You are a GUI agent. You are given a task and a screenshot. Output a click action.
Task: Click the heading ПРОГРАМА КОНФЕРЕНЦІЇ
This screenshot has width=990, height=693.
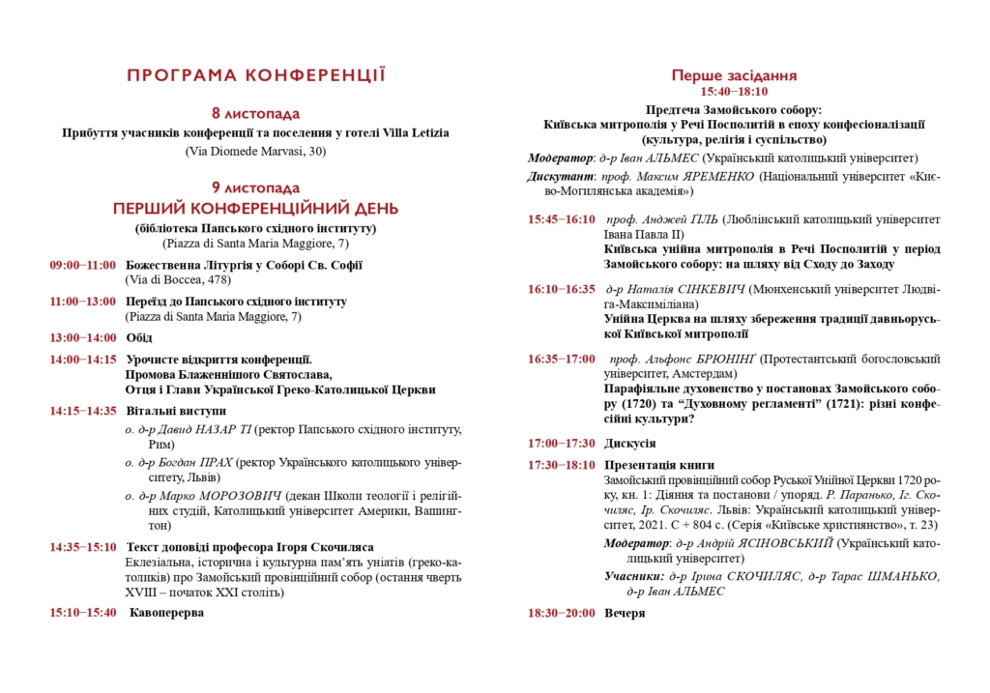click(256, 74)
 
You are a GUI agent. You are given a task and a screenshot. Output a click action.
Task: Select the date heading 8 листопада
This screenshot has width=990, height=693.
click(256, 113)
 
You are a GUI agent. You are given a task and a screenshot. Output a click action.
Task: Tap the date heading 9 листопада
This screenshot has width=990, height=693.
click(256, 188)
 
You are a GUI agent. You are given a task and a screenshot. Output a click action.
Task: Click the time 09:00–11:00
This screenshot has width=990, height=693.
click(83, 265)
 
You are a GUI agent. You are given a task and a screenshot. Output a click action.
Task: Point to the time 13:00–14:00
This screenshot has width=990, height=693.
click(83, 337)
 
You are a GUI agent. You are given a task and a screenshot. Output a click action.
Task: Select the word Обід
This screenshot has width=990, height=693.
click(139, 337)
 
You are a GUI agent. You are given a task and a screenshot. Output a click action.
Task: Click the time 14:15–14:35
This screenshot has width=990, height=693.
click(83, 410)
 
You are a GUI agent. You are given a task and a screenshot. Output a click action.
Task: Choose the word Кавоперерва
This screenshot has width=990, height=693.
click(166, 612)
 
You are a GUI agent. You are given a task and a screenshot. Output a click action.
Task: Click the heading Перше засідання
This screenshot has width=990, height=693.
click(734, 75)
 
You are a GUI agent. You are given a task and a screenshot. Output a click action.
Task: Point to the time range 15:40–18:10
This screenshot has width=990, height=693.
click(734, 92)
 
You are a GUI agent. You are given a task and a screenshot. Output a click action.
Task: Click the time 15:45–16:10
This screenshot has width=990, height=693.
click(562, 219)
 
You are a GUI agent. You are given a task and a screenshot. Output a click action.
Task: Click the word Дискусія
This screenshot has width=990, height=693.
click(630, 443)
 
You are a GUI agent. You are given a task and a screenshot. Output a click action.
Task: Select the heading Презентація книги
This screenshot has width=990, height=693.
click(659, 465)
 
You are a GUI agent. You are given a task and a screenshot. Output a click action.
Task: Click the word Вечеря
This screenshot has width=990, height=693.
click(625, 613)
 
